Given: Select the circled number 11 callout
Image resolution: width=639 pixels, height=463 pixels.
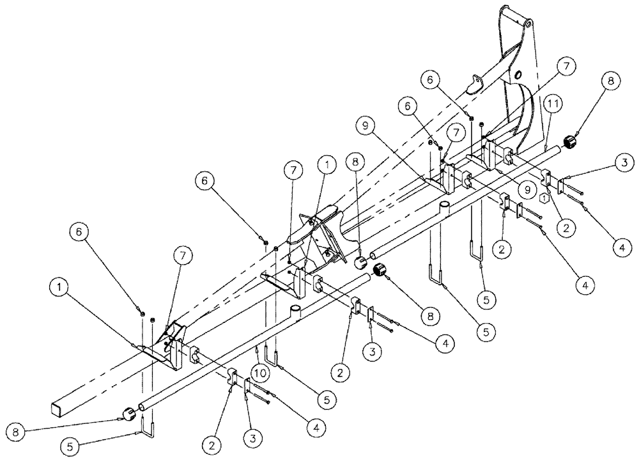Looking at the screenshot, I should pyautogui.click(x=553, y=103).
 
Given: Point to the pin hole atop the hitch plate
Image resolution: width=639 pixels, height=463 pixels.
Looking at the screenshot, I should pyautogui.click(x=528, y=24).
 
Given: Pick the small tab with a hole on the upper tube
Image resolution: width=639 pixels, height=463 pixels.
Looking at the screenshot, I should pyautogui.click(x=475, y=81).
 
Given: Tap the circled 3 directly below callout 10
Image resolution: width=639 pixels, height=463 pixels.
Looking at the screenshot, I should pyautogui.click(x=251, y=439).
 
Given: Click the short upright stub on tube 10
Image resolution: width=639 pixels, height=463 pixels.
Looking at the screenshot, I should pyautogui.click(x=296, y=311).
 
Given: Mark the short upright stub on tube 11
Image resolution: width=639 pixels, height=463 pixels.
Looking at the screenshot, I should pyautogui.click(x=444, y=207).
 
